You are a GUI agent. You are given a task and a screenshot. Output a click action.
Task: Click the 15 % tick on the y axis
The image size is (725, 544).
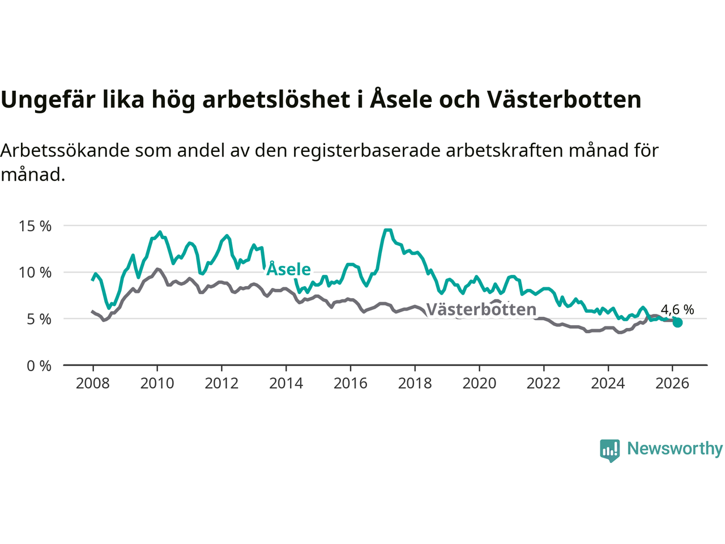(x=35, y=226)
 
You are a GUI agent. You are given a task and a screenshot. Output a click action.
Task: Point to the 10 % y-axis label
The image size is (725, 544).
(x=35, y=273)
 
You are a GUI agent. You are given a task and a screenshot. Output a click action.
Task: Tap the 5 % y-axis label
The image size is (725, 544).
(x=39, y=319)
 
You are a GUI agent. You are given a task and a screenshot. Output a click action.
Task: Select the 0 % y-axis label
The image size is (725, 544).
(x=39, y=366)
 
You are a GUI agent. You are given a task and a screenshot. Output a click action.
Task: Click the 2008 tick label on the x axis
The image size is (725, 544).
(x=93, y=384)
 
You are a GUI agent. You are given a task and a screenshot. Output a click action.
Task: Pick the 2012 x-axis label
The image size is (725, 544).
(x=221, y=384)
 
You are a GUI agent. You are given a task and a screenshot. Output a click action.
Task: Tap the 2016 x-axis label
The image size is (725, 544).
(x=351, y=384)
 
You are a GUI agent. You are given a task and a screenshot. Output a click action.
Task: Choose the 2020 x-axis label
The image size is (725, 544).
(x=479, y=384)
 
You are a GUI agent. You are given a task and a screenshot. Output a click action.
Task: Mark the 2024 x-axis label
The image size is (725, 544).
(x=608, y=384)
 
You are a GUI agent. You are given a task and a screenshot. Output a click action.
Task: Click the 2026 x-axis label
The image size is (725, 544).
(x=672, y=384)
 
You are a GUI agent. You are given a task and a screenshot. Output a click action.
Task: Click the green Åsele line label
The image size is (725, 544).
(x=289, y=269)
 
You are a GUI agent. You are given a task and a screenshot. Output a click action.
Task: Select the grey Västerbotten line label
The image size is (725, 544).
(x=481, y=309)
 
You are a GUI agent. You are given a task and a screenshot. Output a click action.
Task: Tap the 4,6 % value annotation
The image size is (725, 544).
(x=677, y=310)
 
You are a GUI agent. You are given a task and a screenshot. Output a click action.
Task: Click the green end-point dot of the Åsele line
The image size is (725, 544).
(x=677, y=322)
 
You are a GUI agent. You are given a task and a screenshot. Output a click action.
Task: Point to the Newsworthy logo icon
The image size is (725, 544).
(x=610, y=450)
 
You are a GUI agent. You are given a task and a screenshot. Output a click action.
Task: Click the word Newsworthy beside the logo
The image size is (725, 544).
(x=675, y=449)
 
